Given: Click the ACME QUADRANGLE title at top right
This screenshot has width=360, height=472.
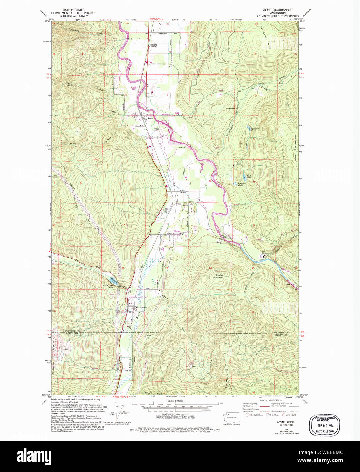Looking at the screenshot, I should click(279, 10).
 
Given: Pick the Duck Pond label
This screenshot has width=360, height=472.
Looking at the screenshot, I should click(249, 177).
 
